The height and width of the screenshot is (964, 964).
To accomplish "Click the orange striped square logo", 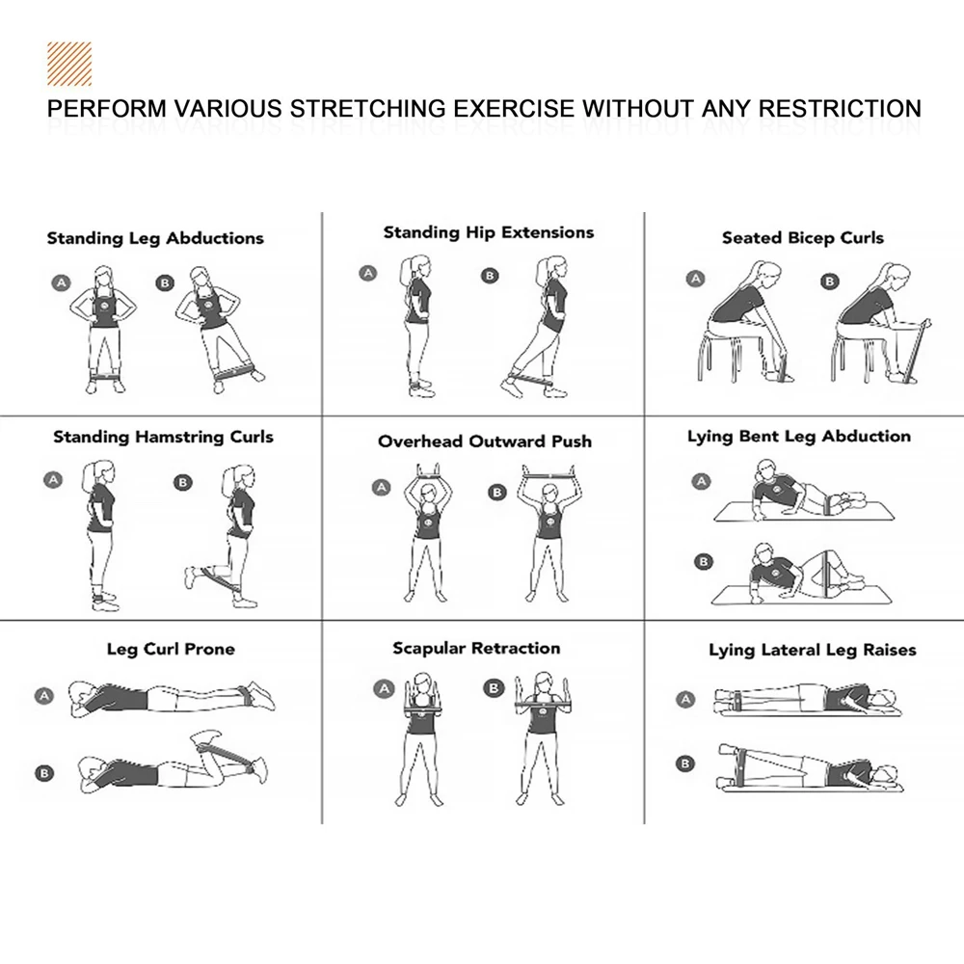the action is pos(69,64).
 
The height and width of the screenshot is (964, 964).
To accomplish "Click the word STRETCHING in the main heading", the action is pos(367,109).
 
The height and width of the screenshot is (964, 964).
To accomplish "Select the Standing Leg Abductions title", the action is pos(155,238).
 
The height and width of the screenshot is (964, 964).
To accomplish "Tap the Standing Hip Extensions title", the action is pos(489,232).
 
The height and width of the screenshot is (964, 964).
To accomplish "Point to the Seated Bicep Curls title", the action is pos(803,238).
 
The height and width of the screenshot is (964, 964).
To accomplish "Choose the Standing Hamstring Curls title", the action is pos(163,437).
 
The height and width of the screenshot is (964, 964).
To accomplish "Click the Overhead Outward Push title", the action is pos(485,442).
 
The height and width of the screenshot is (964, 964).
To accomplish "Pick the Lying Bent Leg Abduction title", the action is pos(799,437).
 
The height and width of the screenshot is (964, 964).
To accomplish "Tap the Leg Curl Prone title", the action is pos(171,649).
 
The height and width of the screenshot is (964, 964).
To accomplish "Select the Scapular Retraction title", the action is pos(476,649).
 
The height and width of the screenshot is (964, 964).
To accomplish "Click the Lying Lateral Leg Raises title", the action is pos(812,651).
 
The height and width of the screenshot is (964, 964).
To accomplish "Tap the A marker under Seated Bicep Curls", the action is pos(695,280).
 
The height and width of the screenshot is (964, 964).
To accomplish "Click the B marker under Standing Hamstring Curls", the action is pos(182,483).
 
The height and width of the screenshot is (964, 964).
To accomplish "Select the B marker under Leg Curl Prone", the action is pos(44,773).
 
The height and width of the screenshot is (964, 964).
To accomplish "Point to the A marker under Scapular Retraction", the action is pos(385,689).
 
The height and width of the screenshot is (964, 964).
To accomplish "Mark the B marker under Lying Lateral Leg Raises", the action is pos(684,763).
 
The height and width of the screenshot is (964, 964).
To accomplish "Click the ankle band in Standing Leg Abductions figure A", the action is pos(105,376).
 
